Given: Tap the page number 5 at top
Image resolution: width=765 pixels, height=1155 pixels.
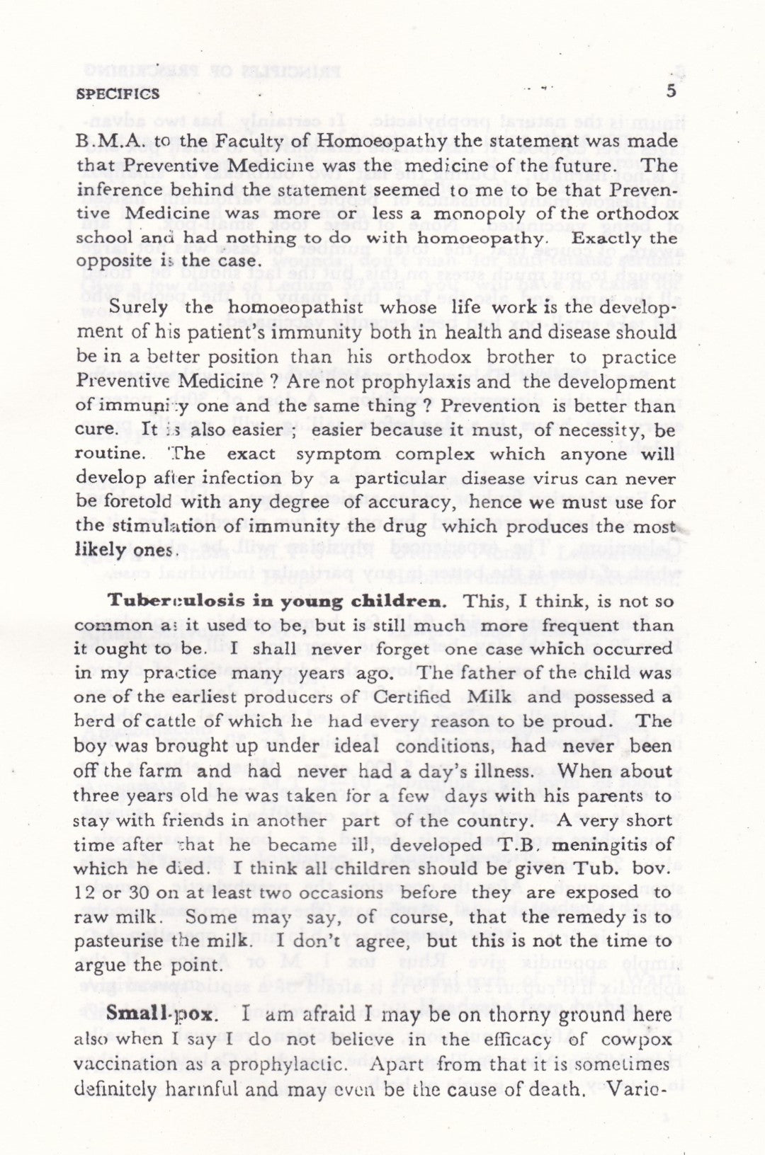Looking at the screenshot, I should pyautogui.click(x=671, y=91).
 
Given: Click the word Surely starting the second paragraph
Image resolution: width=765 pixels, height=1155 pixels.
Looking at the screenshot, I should pyautogui.click(x=139, y=308).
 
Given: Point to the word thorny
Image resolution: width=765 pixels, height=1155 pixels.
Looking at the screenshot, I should pyautogui.click(x=517, y=1014).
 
